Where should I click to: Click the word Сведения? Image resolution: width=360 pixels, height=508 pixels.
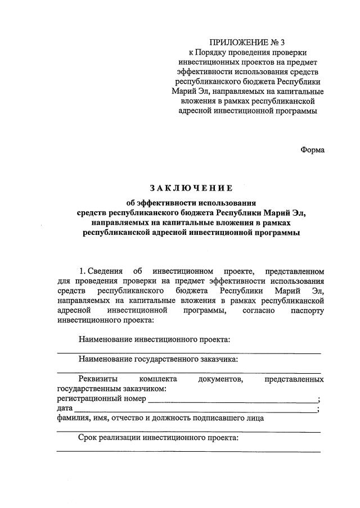tap(106, 271)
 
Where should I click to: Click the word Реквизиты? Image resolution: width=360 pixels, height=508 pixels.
tap(97, 379)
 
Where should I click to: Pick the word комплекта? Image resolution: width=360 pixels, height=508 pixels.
tap(158, 379)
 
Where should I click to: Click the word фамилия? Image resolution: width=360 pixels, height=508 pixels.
tap(73, 418)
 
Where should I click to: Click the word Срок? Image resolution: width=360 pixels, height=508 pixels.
tap(89, 437)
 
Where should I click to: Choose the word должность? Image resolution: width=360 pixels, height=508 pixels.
tap(174, 418)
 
